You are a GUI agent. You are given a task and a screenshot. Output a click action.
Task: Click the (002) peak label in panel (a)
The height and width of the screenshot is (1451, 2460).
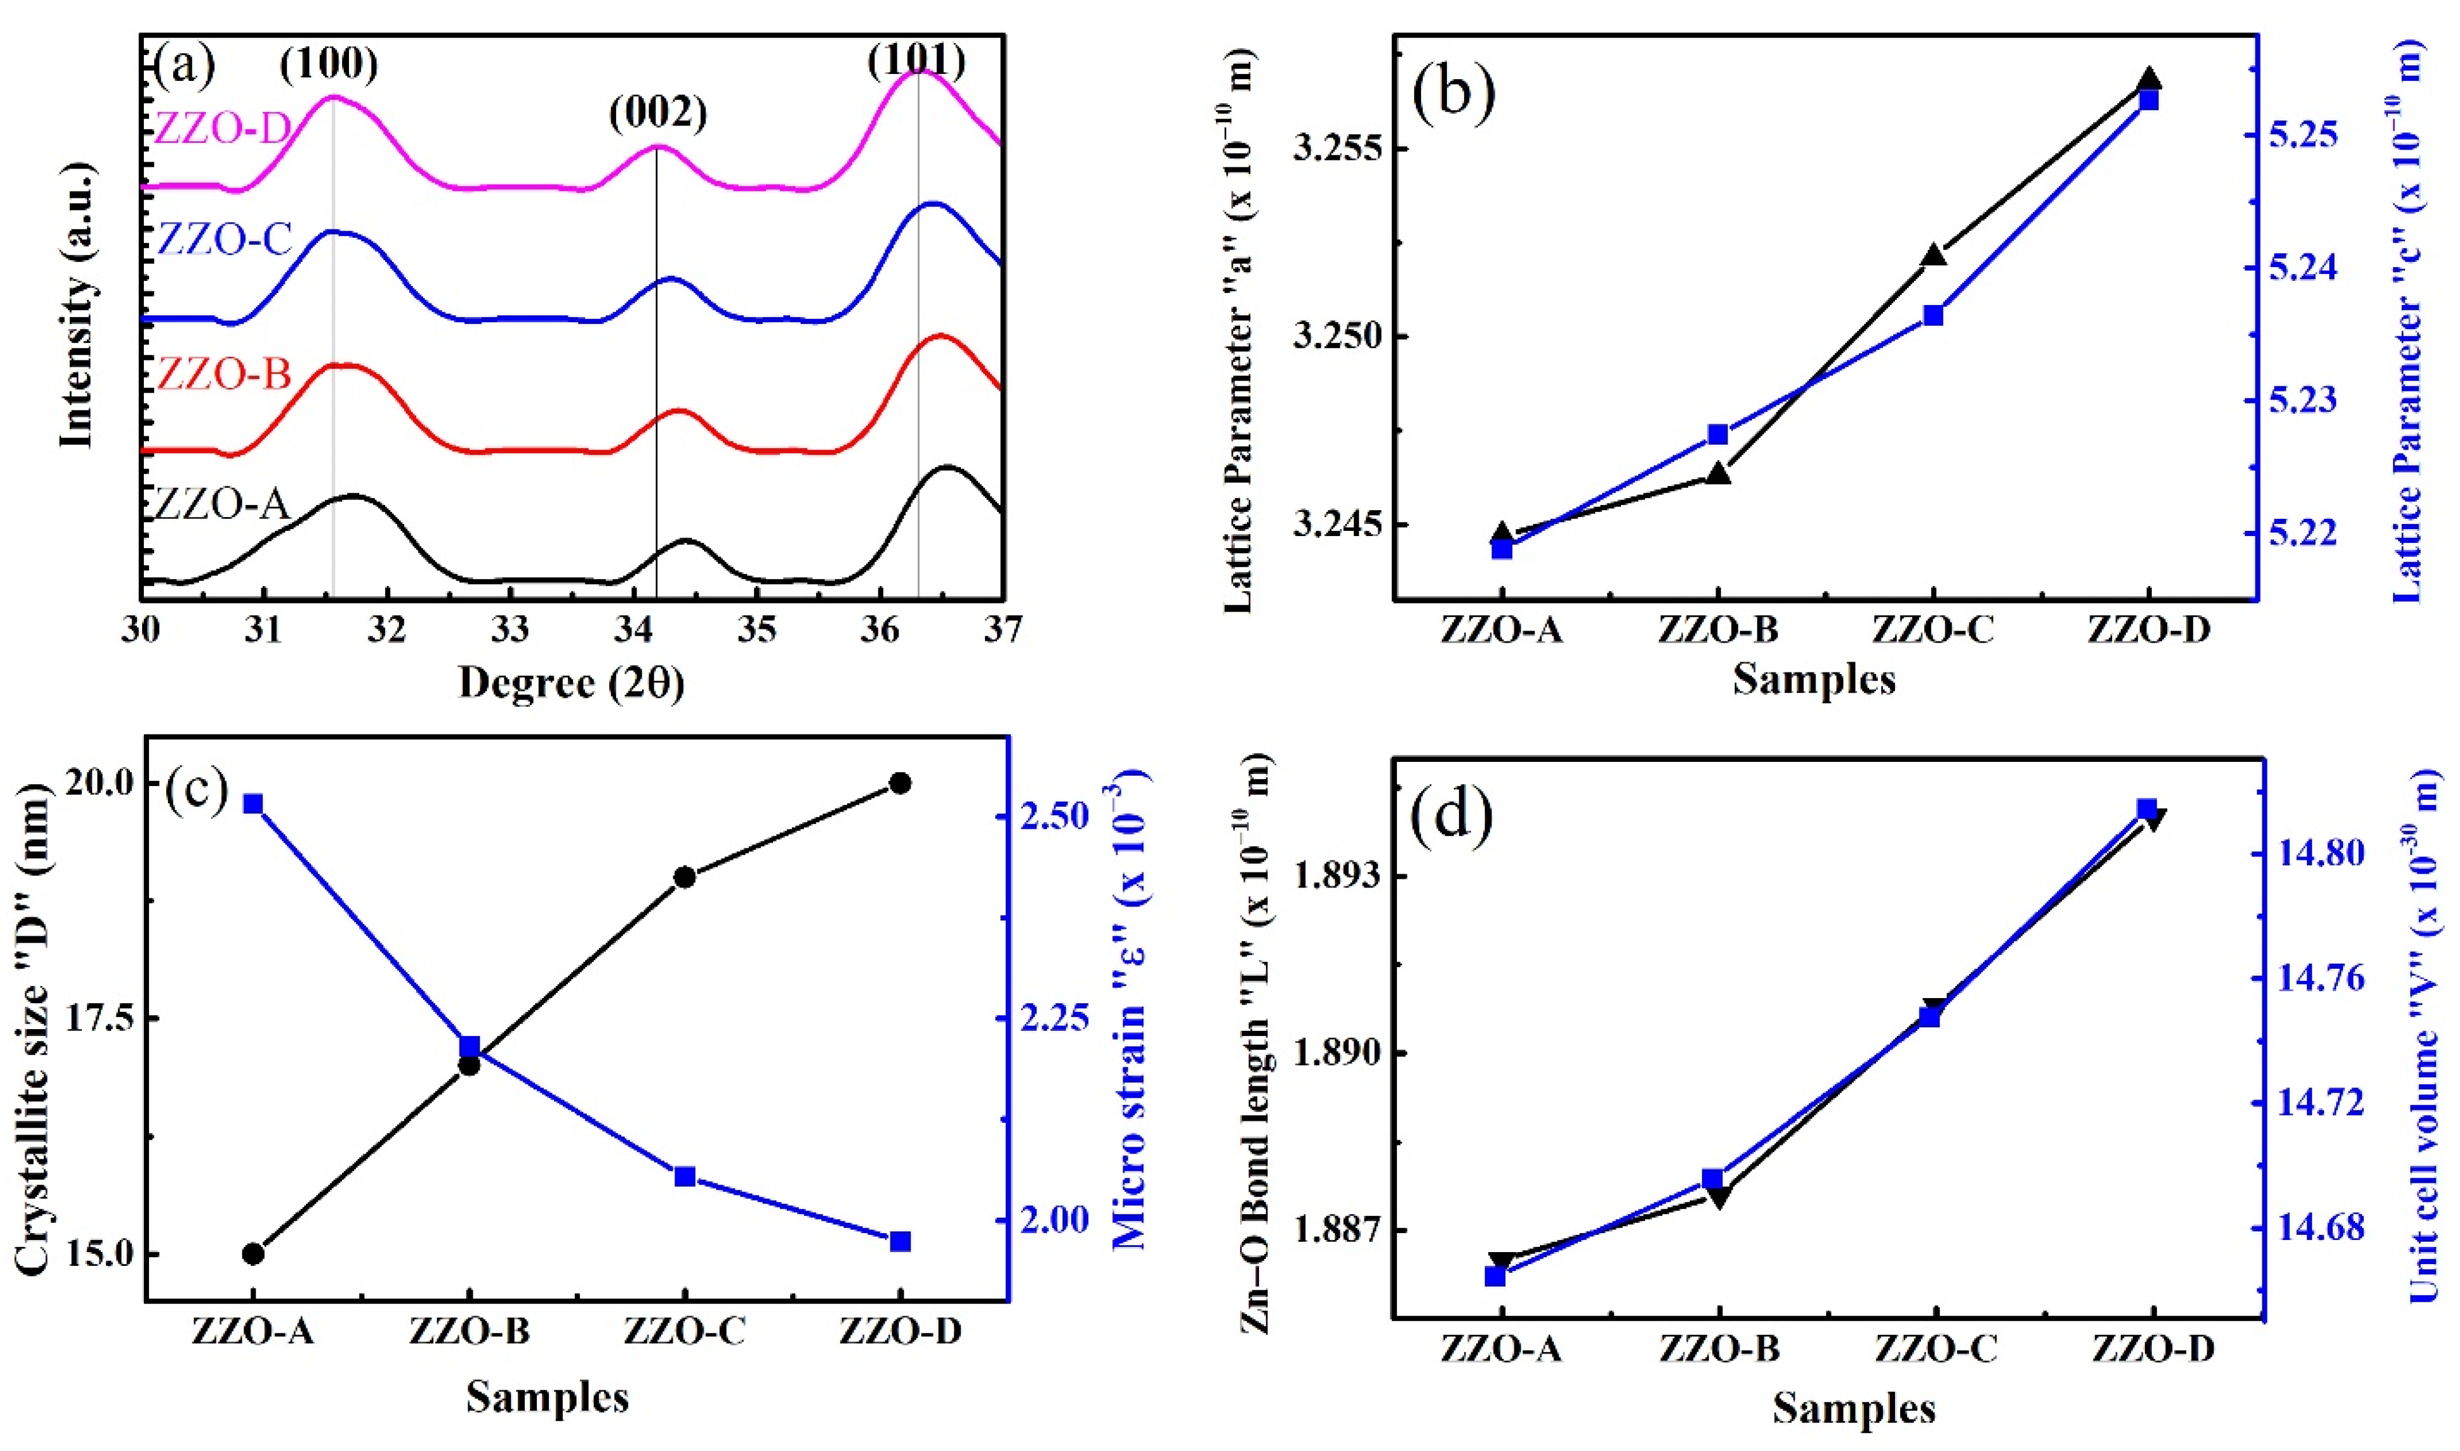coord(658,114)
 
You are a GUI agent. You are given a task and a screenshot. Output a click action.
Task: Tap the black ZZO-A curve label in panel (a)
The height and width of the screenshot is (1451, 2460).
coord(223,504)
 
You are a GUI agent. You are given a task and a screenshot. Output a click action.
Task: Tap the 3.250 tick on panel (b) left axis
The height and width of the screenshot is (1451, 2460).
coord(1336,337)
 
